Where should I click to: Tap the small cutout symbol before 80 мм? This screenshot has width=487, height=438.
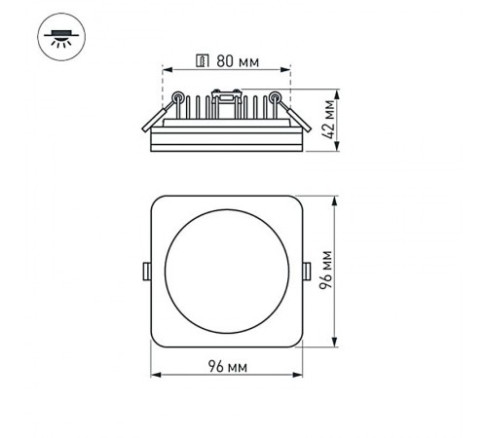click(203, 62)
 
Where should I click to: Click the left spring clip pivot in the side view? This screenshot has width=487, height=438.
click(178, 95)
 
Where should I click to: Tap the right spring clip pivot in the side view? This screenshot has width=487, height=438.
click(276, 95)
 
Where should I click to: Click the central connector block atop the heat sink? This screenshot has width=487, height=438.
click(227, 95)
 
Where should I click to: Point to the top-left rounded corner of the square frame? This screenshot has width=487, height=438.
click(159, 201)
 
